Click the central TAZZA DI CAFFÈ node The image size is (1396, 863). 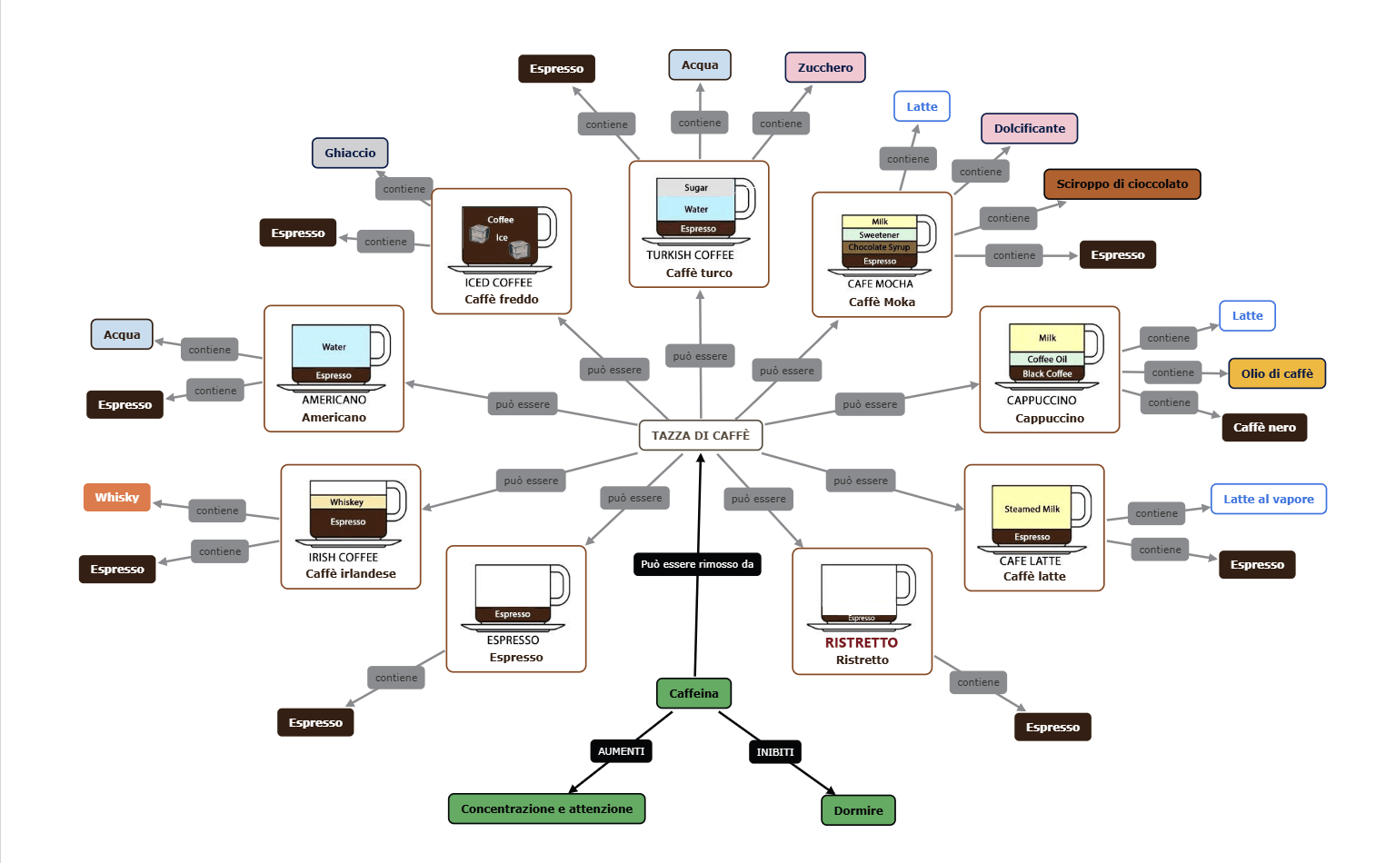pos(700,435)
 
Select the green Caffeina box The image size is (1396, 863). pos(693,693)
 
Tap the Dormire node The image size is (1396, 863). pos(858,810)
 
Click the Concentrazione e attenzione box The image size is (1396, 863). pos(546,808)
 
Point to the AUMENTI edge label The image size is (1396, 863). pos(621,751)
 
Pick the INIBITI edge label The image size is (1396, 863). pos(774,752)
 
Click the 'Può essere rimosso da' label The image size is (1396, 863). pos(696,564)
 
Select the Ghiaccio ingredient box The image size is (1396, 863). pos(350,153)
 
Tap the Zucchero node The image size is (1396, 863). pos(824,67)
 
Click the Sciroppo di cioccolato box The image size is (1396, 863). pos(1122,184)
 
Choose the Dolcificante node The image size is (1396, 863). pos(1029,128)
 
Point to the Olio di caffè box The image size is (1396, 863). pos(1276,373)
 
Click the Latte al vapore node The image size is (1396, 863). pos(1268,499)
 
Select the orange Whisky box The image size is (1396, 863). pos(116,497)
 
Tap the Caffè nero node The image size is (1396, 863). pos(1263,427)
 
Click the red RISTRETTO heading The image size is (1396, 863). pos(861,642)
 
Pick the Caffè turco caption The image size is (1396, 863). pos(698,273)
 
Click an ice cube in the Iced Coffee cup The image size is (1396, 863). pos(479,234)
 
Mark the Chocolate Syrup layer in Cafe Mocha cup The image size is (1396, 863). pos(879,247)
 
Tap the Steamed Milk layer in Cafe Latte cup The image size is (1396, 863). pos(1032,509)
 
